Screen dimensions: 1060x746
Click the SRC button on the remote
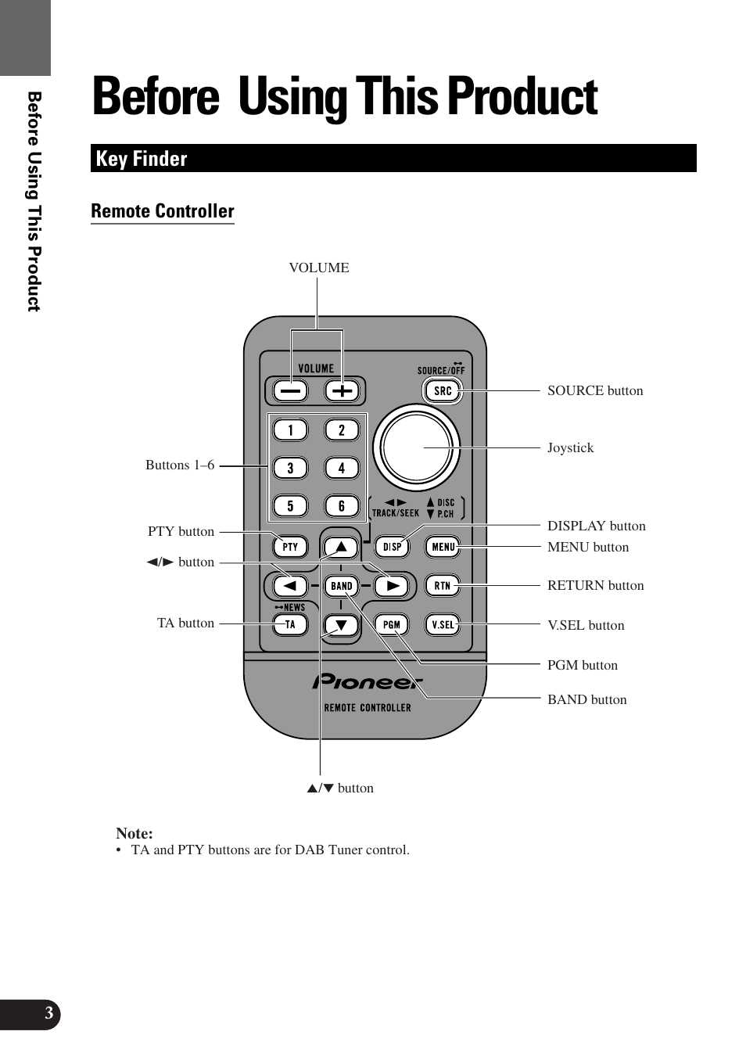click(443, 390)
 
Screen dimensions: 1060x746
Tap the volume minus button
click(290, 390)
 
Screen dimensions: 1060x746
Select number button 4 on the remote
click(341, 468)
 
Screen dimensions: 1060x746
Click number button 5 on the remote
click(290, 506)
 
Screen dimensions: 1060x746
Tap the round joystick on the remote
click(416, 448)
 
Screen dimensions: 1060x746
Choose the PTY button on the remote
click(290, 547)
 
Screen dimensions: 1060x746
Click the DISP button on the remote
click(392, 547)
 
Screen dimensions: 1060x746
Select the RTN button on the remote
click(443, 585)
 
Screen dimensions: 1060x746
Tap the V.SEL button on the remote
click(443, 624)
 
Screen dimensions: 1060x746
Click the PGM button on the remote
click(392, 624)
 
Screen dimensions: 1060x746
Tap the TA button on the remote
click(290, 624)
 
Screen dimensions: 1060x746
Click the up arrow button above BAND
click(341, 547)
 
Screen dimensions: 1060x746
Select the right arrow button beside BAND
click(392, 585)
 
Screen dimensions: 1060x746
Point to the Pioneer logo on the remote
click(368, 682)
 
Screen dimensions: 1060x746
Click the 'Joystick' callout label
click(570, 448)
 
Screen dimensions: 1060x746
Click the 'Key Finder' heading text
click(142, 159)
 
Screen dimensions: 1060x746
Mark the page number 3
click(48, 1014)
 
